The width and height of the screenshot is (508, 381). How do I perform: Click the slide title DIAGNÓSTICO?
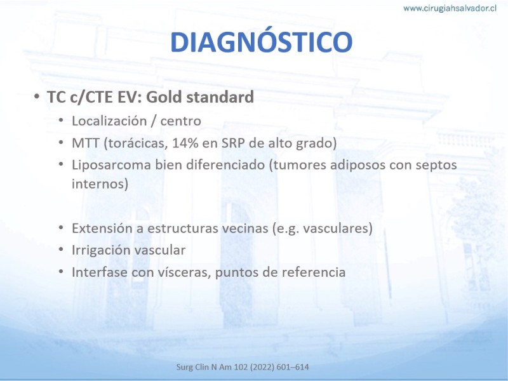coord(261,41)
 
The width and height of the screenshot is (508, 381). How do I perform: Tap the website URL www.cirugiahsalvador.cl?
coord(450,8)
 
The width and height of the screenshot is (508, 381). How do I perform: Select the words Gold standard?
coord(200,97)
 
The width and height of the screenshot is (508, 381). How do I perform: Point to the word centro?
coord(181,121)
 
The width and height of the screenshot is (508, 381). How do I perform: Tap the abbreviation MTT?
coord(86,144)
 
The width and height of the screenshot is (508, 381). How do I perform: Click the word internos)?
coord(100,184)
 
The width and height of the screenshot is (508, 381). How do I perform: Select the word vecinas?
coord(245,228)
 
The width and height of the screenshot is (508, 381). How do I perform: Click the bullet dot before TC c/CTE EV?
coord(37,97)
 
